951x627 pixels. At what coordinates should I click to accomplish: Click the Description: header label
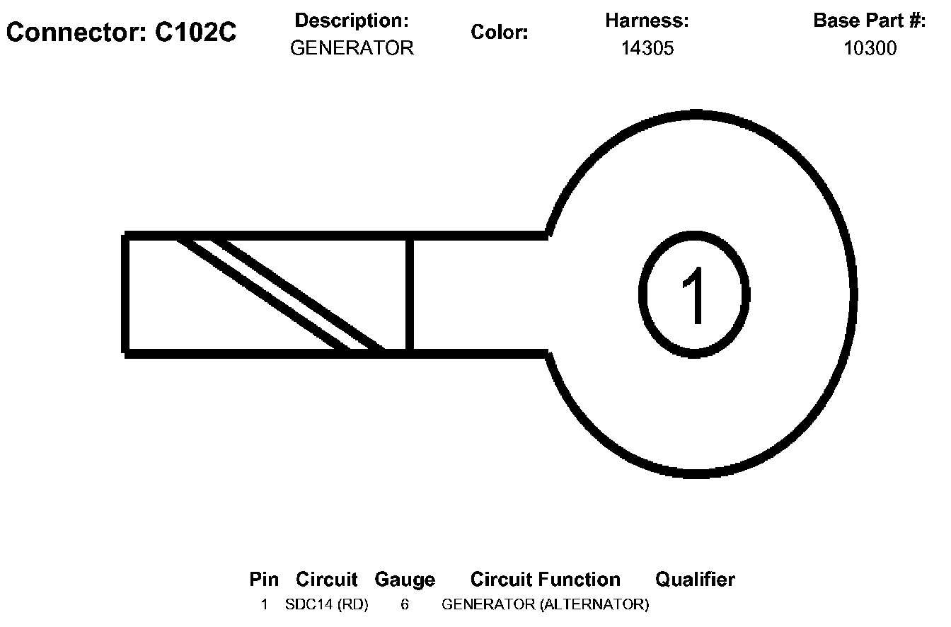pyautogui.click(x=352, y=21)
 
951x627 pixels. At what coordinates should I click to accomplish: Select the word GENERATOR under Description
pyautogui.click(x=352, y=48)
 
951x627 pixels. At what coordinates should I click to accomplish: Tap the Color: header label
pyautogui.click(x=500, y=33)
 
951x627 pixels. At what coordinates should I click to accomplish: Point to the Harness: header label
pyautogui.click(x=647, y=21)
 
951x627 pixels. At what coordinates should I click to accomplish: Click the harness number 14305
pyautogui.click(x=647, y=48)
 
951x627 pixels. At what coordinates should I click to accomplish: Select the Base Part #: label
pyautogui.click(x=870, y=21)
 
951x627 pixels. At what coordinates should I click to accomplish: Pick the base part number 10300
pyautogui.click(x=870, y=48)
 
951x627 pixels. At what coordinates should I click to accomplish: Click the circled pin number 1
pyautogui.click(x=694, y=294)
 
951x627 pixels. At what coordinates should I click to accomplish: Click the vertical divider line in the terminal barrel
pyautogui.click(x=409, y=294)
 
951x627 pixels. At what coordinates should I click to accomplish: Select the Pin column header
pyautogui.click(x=264, y=580)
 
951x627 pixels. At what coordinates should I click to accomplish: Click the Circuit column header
pyautogui.click(x=327, y=580)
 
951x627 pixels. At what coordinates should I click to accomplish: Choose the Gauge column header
pyautogui.click(x=405, y=580)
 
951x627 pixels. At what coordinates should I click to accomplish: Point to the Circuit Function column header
pyautogui.click(x=545, y=580)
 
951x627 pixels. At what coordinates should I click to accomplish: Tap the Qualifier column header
pyautogui.click(x=695, y=580)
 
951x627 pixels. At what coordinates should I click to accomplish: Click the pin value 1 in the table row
pyautogui.click(x=264, y=605)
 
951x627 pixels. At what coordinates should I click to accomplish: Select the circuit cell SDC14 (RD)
pyautogui.click(x=327, y=605)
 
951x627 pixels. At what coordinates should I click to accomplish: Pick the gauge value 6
pyautogui.click(x=405, y=605)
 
